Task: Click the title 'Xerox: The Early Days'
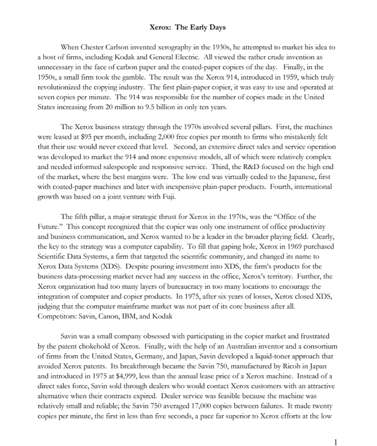pos(188,27)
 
